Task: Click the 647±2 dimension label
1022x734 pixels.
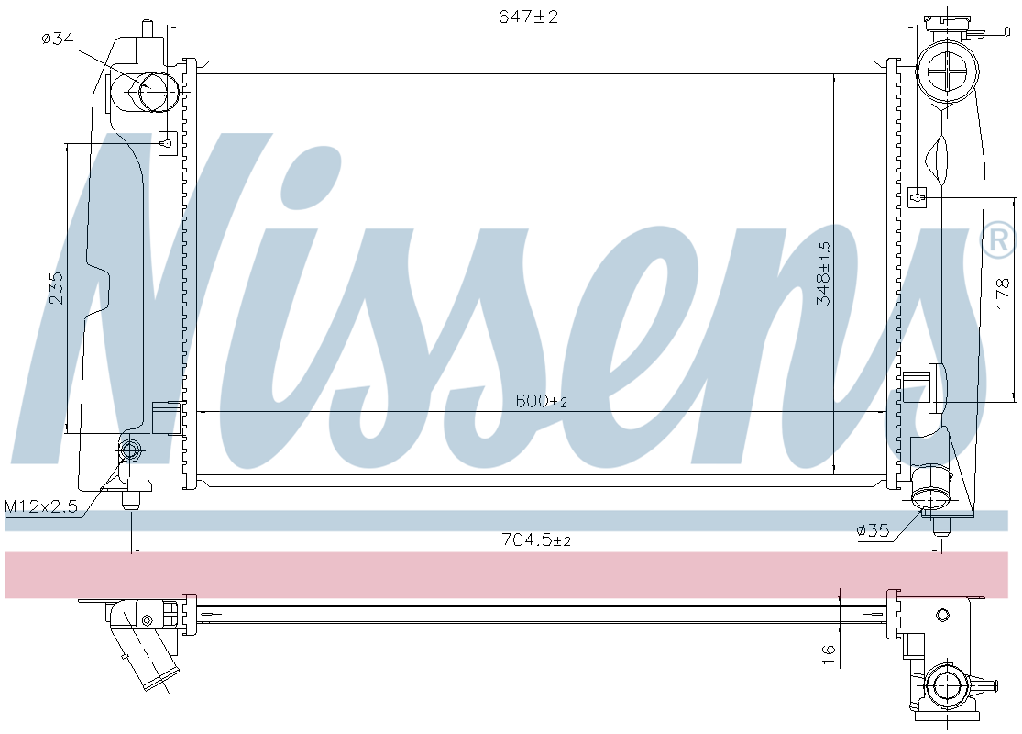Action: pos(529,17)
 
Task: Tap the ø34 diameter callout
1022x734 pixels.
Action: pos(58,39)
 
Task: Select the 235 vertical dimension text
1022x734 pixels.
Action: pos(57,287)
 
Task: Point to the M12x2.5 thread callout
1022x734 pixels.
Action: pos(41,506)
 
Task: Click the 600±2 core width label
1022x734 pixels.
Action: pos(541,401)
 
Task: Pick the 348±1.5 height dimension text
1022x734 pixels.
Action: pos(824,273)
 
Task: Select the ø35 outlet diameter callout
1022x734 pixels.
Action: pos(873,530)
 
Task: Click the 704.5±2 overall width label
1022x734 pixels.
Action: pos(536,539)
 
